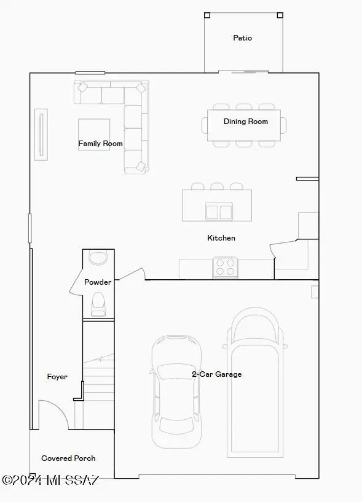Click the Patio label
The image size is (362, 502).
click(242, 38)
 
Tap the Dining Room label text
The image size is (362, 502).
click(245, 122)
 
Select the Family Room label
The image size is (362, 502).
click(100, 144)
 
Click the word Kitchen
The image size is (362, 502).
click(221, 238)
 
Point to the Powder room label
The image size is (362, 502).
click(98, 282)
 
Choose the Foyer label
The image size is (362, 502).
click(57, 377)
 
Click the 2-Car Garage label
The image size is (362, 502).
click(216, 374)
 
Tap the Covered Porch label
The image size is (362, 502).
click(68, 458)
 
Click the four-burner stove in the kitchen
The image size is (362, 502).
click(226, 268)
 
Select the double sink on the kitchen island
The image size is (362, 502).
click(218, 212)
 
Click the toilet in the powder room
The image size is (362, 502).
click(98, 304)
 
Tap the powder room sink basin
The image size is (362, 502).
click(98, 257)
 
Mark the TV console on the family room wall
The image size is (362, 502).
click(41, 135)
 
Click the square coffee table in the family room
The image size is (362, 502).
click(94, 134)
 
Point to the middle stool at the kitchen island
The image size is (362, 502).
click(217, 186)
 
